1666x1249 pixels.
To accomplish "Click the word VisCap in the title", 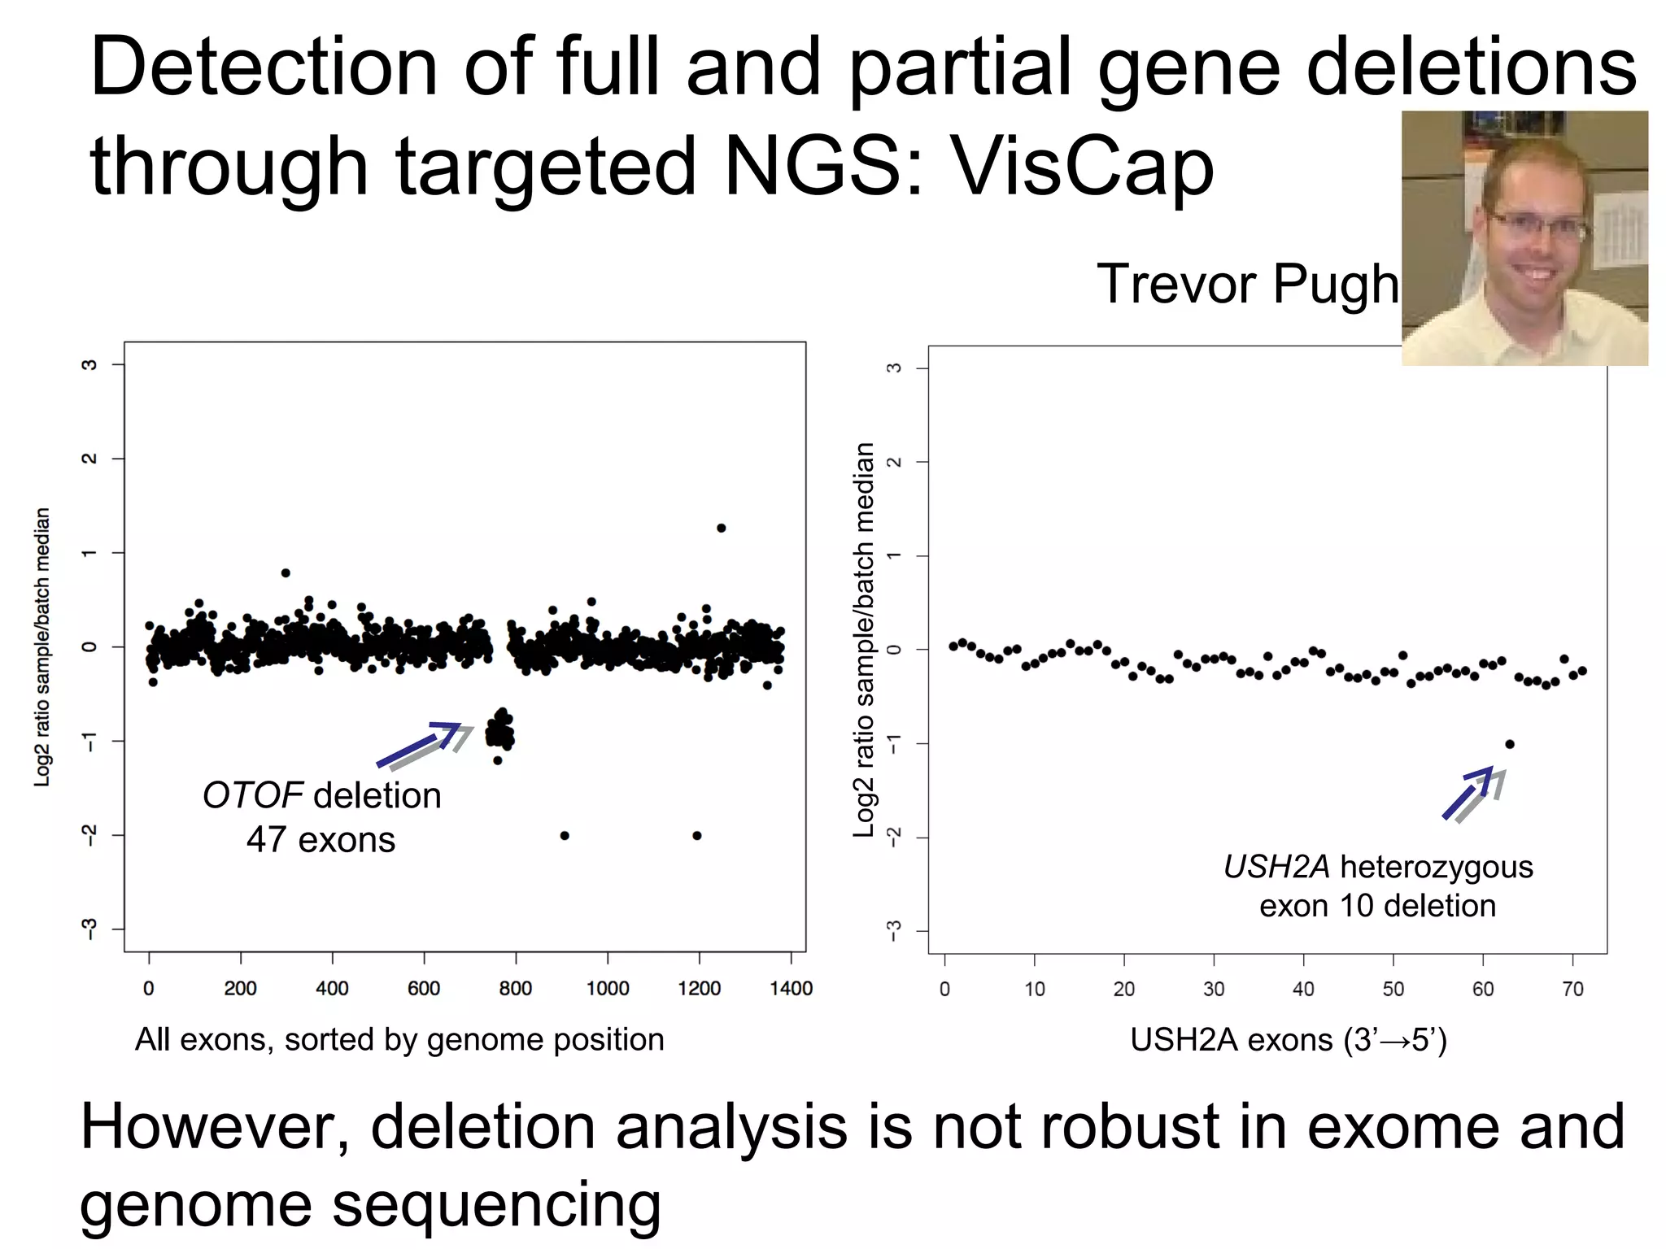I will point(1082,167).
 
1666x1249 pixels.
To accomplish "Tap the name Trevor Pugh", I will point(1247,284).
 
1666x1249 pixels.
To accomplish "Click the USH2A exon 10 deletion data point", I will point(1510,744).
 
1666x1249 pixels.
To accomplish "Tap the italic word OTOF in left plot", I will point(252,795).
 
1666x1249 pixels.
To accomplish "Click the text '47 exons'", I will point(321,840).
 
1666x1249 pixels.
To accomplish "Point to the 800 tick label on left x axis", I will point(516,989).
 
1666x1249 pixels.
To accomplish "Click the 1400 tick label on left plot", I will point(791,989).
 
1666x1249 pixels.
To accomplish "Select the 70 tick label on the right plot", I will point(1572,990).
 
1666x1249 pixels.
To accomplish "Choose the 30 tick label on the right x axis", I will point(1214,990).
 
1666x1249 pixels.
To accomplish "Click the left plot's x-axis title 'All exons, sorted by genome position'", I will point(399,1040).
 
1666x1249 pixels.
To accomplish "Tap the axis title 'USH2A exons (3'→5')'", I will point(1289,1041).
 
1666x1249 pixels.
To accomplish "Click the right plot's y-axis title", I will point(865,640).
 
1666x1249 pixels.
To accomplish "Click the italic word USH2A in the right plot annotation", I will point(1276,867).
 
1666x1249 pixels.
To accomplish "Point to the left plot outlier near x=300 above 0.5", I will point(286,572).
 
